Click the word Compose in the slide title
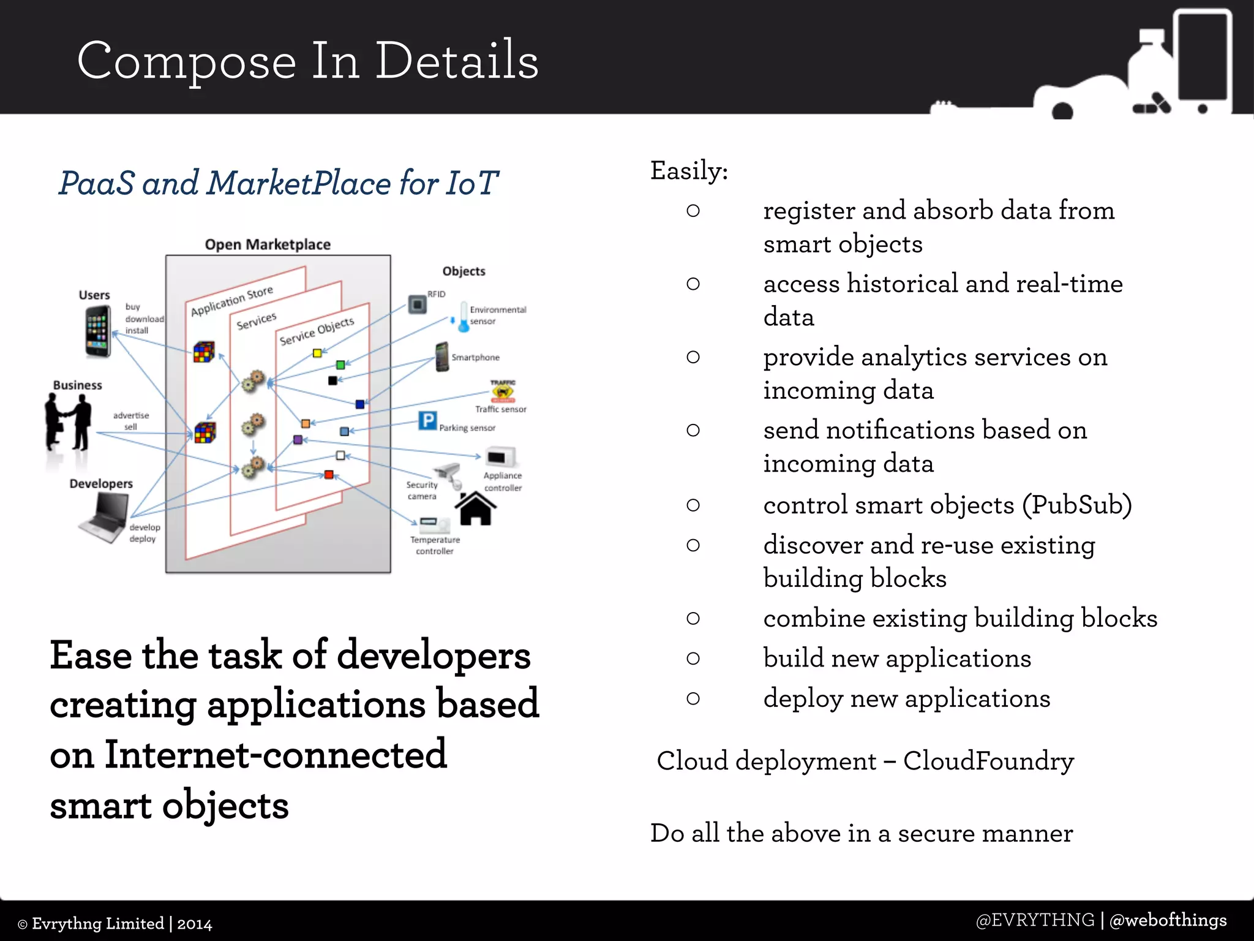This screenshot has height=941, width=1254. [x=187, y=61]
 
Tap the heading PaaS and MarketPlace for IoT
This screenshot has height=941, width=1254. [x=279, y=183]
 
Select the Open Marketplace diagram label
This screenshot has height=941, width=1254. [x=268, y=244]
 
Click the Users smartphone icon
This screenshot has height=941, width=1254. [x=98, y=331]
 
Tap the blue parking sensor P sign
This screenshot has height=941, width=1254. [x=427, y=421]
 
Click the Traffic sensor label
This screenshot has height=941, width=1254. [x=500, y=409]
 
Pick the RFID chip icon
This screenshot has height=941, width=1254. [x=418, y=304]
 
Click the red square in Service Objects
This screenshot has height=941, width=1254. [x=329, y=475]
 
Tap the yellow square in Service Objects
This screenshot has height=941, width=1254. [x=317, y=353]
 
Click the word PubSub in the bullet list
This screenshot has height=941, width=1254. [x=1076, y=505]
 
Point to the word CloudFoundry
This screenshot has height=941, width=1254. [x=988, y=761]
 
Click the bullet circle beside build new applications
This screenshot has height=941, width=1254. [x=693, y=659]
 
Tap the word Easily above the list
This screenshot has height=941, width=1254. [x=688, y=171]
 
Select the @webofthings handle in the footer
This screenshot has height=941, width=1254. [x=1168, y=920]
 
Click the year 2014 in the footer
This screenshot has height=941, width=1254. [x=194, y=924]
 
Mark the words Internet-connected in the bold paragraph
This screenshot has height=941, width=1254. [x=276, y=755]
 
